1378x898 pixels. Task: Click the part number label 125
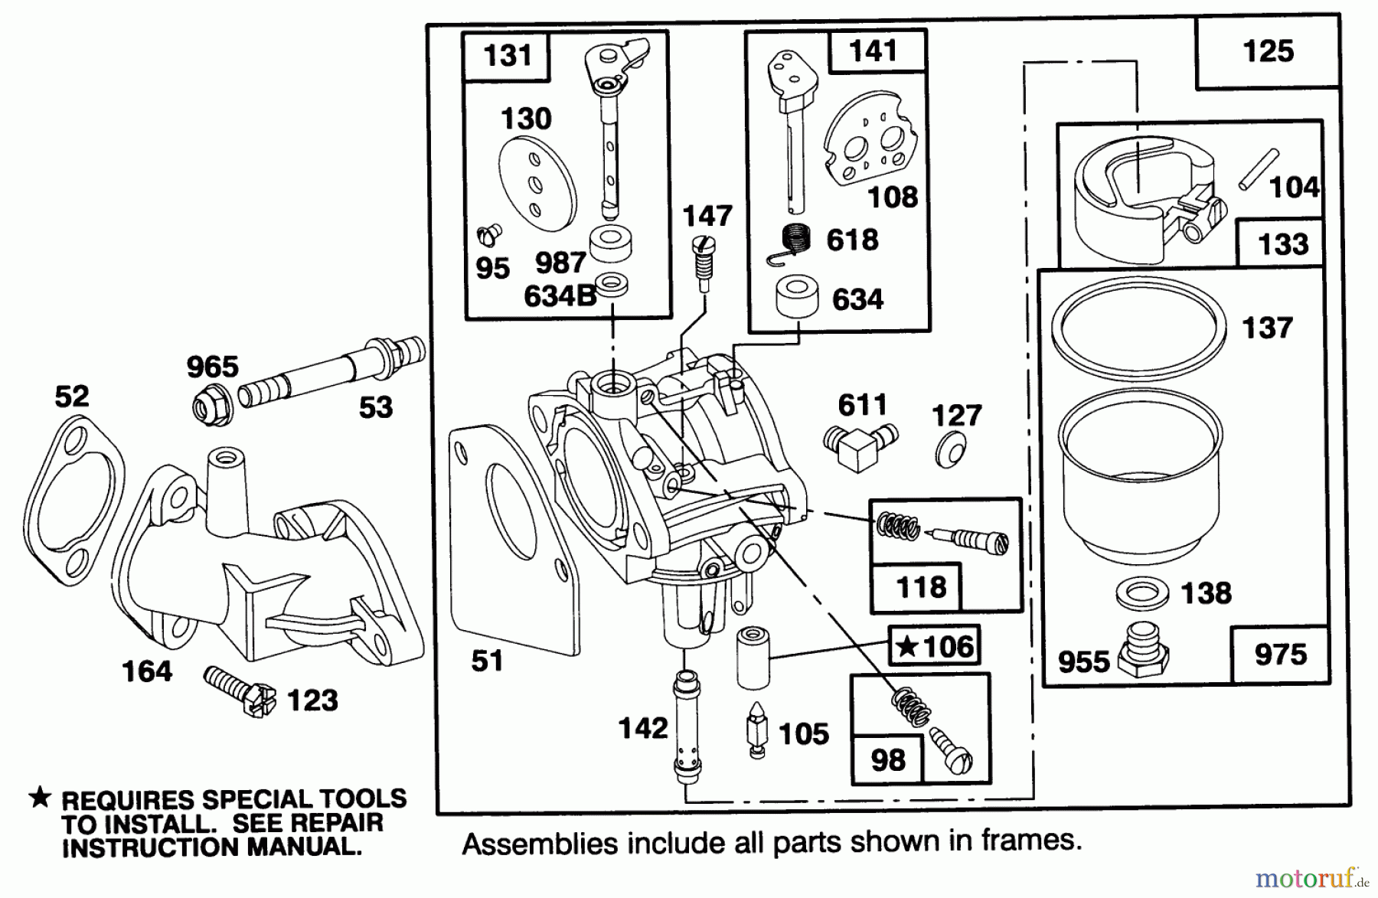coord(1268,51)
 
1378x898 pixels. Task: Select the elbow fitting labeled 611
coord(859,446)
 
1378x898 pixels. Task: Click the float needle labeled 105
coord(756,730)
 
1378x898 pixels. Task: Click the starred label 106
coord(935,647)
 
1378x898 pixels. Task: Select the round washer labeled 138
coord(1141,593)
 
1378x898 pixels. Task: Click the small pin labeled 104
coord(1259,169)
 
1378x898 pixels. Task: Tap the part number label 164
coord(147,671)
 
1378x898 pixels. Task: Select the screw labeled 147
coord(703,261)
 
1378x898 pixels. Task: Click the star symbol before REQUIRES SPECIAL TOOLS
coord(40,798)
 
